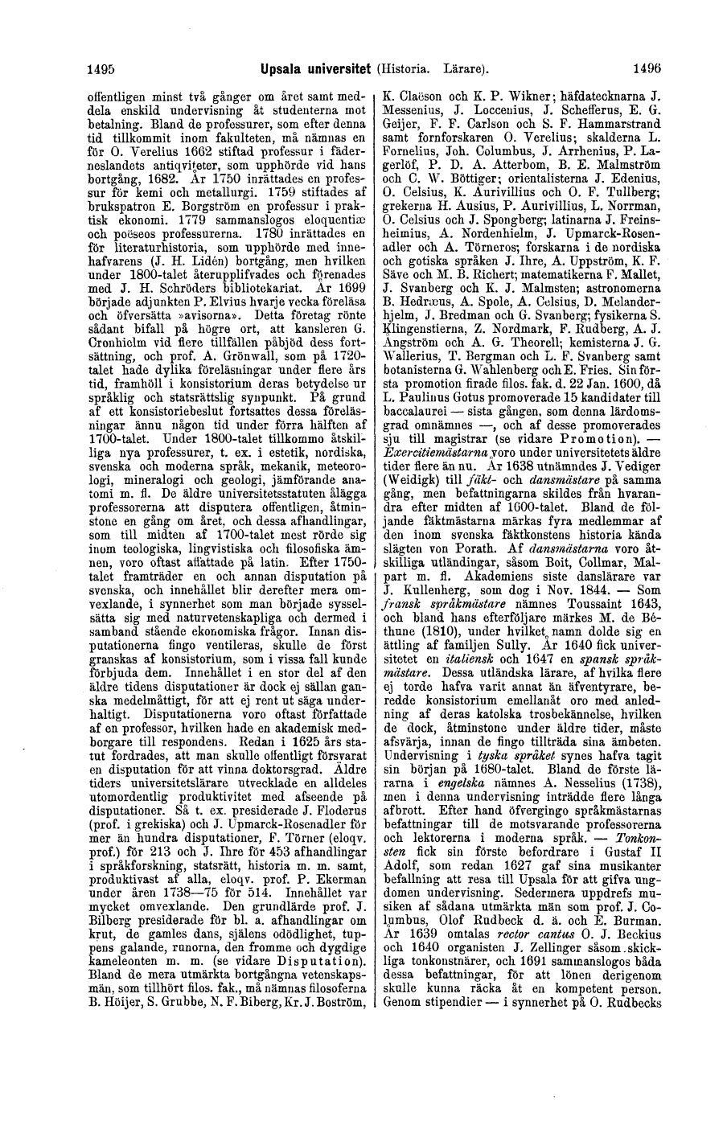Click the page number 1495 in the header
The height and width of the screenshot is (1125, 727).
coord(101,70)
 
